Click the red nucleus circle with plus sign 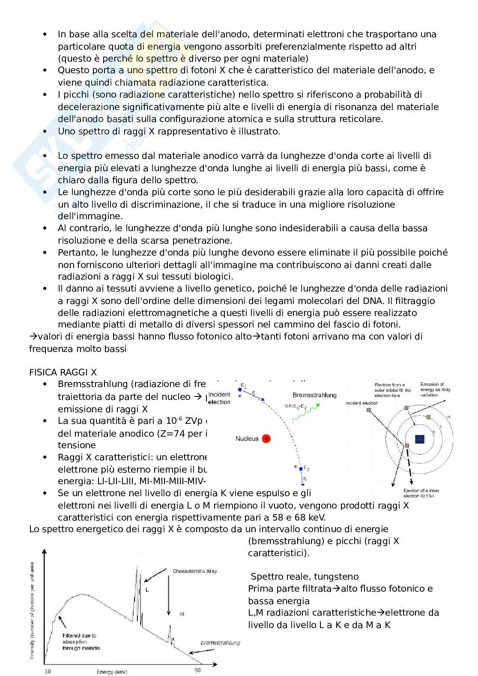pos(266,439)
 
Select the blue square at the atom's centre pos(420,439)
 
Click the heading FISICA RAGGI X pos(66,372)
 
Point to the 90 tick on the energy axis pos(197,670)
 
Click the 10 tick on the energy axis pos(47,671)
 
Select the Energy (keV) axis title pos(112,672)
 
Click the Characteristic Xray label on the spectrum pos(195,571)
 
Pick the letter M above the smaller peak pos(182,614)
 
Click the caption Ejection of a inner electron pos(422,493)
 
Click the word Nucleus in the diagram pos(247,438)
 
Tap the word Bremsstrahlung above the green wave pos(314,395)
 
